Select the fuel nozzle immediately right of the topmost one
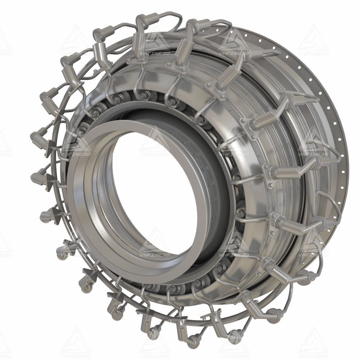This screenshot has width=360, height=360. tap(191, 27)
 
